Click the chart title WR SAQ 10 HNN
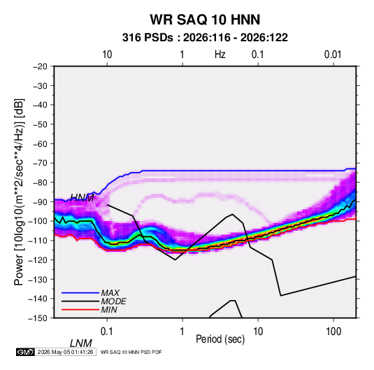(x=205, y=20)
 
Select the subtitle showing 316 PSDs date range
(x=205, y=38)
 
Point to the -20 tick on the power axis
(x=40, y=66)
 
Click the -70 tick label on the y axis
(x=40, y=163)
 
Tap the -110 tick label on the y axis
(x=38, y=241)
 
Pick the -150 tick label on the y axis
(x=38, y=318)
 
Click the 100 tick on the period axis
(x=333, y=332)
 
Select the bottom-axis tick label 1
(x=182, y=332)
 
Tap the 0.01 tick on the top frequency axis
(x=333, y=55)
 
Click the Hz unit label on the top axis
(x=220, y=55)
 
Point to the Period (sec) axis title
(x=220, y=339)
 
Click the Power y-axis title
(x=19, y=192)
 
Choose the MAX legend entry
(x=110, y=293)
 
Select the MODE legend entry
(x=113, y=301)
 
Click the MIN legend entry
(x=109, y=310)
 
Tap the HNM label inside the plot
(x=82, y=198)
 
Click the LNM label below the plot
(x=80, y=343)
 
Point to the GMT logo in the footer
(x=25, y=352)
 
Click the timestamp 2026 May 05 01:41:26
(x=65, y=352)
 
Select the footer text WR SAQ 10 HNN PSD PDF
(x=131, y=352)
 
